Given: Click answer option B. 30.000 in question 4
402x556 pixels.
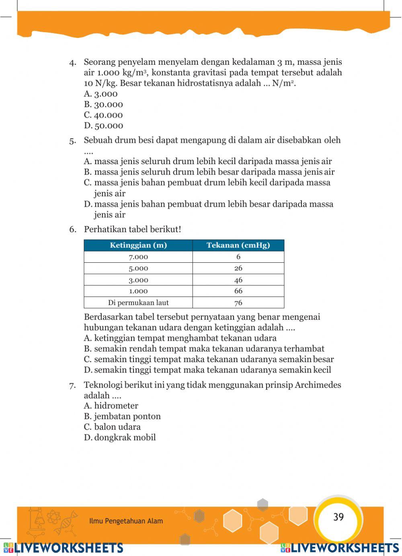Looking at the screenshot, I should click(x=103, y=105).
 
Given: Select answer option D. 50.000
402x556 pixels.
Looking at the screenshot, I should click(x=103, y=126).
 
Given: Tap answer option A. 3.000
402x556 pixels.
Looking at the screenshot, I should click(x=100, y=94).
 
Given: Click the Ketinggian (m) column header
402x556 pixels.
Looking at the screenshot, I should click(x=138, y=245).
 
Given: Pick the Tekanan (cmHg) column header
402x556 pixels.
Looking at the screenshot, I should click(x=238, y=245).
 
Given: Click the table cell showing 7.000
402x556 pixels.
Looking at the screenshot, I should click(x=138, y=257).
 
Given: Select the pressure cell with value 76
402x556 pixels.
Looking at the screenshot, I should click(x=238, y=303).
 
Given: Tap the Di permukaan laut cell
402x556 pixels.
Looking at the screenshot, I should click(x=138, y=303).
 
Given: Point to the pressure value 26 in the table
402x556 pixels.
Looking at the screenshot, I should click(x=238, y=268).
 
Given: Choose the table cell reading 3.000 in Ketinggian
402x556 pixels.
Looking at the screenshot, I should click(x=138, y=280).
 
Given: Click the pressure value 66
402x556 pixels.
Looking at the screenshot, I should click(x=238, y=291).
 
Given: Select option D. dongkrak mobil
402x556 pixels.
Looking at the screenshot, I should click(x=120, y=438).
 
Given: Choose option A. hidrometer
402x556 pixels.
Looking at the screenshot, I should click(x=111, y=406).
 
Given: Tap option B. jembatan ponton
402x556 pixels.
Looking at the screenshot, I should click(x=122, y=416).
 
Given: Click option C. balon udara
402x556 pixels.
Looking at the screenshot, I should click(x=112, y=427).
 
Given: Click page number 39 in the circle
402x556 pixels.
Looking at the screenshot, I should click(x=338, y=517).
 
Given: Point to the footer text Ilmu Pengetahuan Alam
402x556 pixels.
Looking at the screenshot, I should click(x=126, y=521).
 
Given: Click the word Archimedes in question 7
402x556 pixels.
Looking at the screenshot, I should click(x=318, y=385).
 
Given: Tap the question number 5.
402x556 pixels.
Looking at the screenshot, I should click(x=72, y=141).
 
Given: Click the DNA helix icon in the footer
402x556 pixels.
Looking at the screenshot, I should click(x=67, y=522).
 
